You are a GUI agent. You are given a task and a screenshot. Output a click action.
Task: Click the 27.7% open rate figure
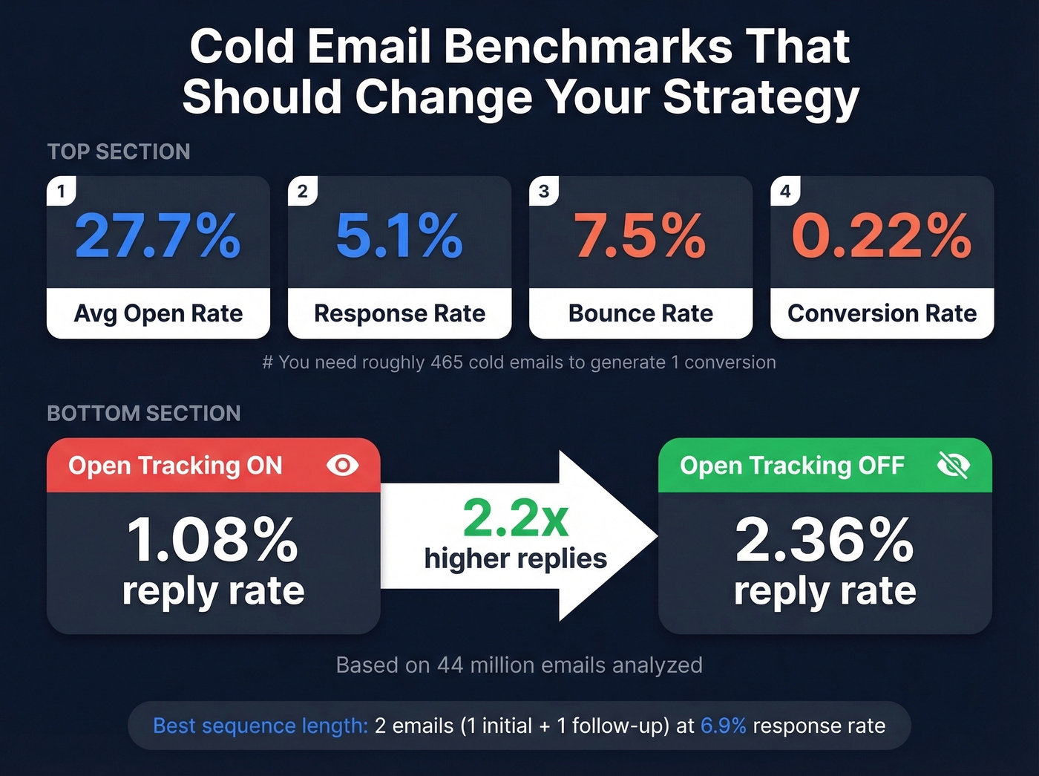[x=158, y=236]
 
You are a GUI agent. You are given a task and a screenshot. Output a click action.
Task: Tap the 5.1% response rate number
[x=399, y=236]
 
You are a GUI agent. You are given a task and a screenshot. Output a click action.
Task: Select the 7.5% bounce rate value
[x=640, y=236]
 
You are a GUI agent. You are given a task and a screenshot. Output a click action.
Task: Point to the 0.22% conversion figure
[x=882, y=236]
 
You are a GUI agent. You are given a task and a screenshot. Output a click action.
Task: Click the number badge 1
[x=61, y=192]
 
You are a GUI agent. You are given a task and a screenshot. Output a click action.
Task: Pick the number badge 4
[x=785, y=192]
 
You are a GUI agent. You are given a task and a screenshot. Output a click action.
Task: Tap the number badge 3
[x=544, y=192]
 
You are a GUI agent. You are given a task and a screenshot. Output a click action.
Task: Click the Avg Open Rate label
[x=158, y=313]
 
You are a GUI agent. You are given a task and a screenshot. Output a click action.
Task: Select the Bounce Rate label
[x=640, y=313]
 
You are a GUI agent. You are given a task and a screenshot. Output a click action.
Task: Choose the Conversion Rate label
[x=882, y=313]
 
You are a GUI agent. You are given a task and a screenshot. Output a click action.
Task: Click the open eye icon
[x=342, y=466]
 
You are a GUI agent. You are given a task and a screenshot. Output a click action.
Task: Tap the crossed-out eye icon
[x=953, y=466]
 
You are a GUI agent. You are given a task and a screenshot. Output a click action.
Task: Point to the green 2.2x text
[x=516, y=518]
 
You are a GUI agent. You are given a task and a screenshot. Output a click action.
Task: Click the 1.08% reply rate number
[x=213, y=540]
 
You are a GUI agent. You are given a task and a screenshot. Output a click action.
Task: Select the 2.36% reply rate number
[x=825, y=540]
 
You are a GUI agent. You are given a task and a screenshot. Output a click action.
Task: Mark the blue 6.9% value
[x=723, y=726]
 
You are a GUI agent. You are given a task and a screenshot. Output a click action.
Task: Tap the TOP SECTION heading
[x=119, y=151]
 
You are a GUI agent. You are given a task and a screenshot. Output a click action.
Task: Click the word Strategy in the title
[x=761, y=97]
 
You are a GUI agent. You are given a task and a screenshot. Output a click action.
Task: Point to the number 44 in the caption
[x=450, y=665]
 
